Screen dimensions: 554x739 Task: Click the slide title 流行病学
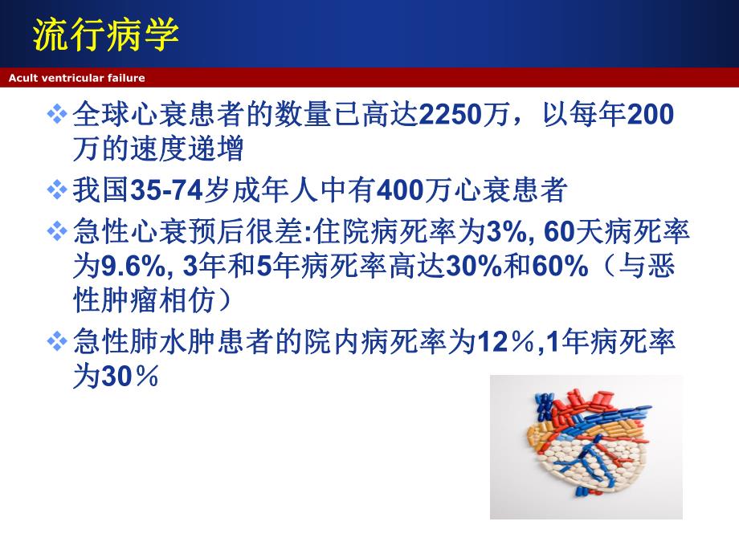[105, 35]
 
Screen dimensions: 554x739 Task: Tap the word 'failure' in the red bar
[125, 78]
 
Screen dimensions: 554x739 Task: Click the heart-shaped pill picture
[586, 446]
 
